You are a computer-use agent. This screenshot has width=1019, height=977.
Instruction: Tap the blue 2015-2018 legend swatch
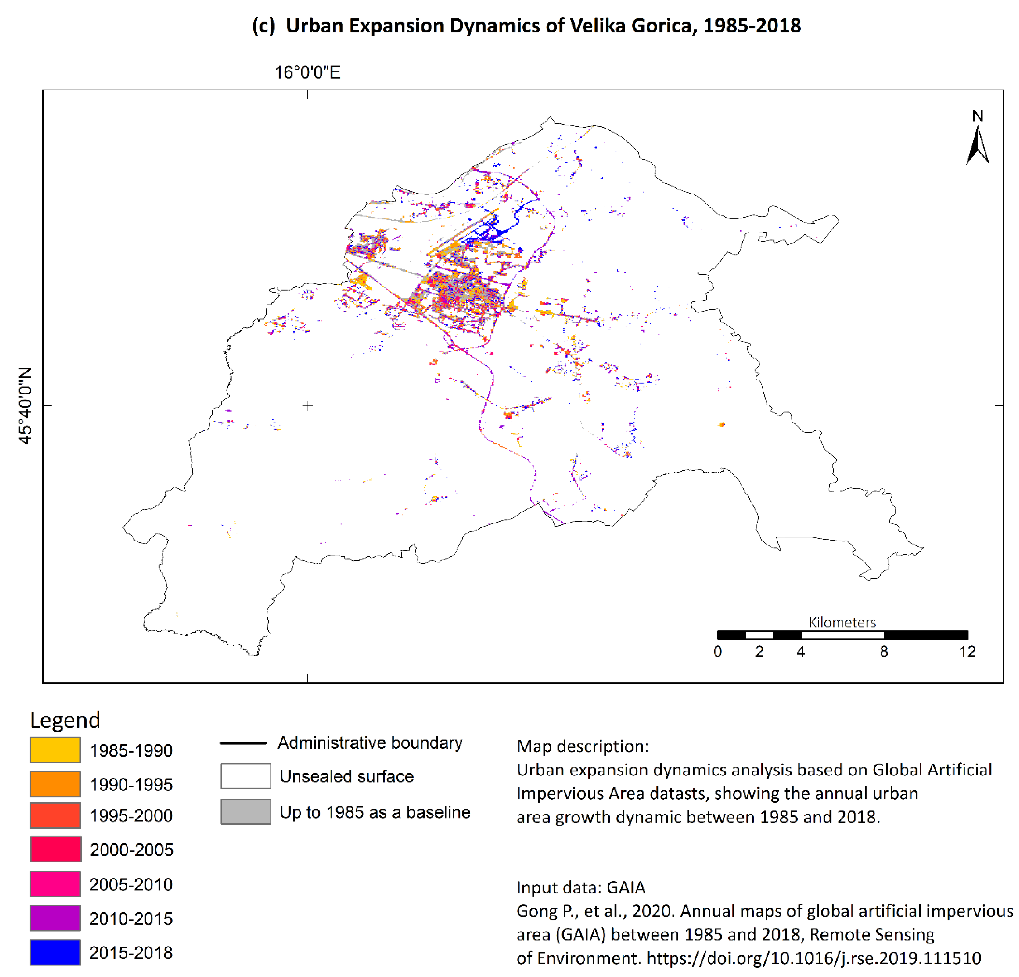tap(55, 952)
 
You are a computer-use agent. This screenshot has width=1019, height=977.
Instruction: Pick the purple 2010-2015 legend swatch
tap(55, 918)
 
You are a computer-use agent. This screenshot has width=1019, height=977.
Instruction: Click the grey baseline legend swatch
tap(245, 812)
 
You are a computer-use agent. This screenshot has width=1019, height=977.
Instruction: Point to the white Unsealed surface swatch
tap(245, 776)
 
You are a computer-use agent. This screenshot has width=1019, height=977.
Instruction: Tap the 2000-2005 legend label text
tap(131, 850)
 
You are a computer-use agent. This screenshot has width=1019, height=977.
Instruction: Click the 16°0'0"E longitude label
tap(307, 72)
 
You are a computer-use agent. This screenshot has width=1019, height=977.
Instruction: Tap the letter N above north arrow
tap(977, 115)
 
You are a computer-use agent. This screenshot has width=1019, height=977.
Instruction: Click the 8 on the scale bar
tap(884, 652)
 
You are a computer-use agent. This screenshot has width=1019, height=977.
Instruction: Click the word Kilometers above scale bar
tap(842, 622)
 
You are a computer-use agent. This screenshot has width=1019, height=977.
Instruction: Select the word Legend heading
tap(65, 720)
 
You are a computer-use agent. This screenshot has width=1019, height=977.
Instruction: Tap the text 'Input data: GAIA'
tap(581, 887)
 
